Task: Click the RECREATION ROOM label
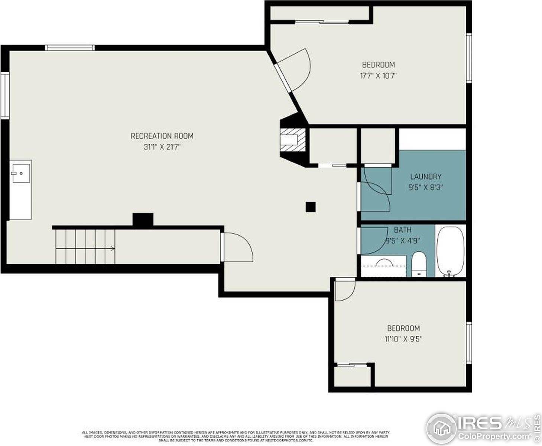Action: pos(162,136)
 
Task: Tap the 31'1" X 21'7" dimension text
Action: pos(162,147)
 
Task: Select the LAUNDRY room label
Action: pos(426,177)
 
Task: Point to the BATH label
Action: pos(402,230)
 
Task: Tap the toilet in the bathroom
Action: pos(419,264)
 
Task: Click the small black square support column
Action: pos(311,207)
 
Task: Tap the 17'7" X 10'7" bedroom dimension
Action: pos(378,76)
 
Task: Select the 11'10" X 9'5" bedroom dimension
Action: pos(403,339)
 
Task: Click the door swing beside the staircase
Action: pos(238,248)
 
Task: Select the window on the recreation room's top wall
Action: pos(70,48)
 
